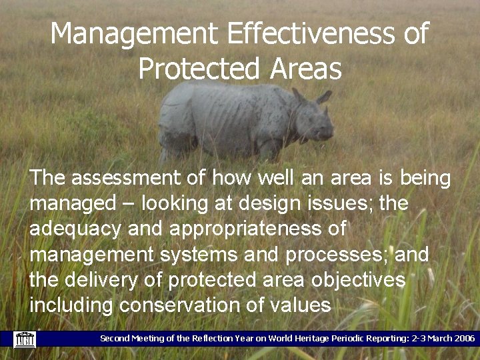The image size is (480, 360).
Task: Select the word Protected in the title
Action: point(199,69)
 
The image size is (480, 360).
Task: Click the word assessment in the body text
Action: point(137,178)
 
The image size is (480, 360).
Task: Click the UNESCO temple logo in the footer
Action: point(25,339)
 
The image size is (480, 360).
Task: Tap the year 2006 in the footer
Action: point(461,339)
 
